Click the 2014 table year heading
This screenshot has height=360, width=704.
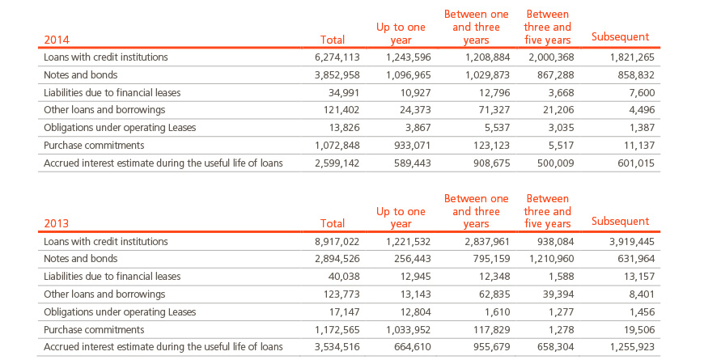pos(57,40)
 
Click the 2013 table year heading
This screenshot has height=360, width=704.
pos(57,223)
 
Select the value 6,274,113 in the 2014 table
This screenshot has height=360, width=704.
pos(337,57)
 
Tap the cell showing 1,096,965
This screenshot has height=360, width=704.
pos(408,75)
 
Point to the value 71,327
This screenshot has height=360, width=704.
pos(493,110)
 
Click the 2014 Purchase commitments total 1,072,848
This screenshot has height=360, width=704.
pos(337,146)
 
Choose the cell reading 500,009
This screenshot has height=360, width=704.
pos(555,163)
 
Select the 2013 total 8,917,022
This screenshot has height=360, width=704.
pos(337,242)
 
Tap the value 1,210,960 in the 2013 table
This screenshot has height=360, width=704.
pos(551,259)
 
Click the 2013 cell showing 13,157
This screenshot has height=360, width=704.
pos(639,277)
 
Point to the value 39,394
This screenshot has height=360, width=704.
pos(558,294)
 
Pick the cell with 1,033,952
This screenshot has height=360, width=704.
pos(408,330)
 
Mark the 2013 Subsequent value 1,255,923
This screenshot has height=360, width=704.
pos(632,347)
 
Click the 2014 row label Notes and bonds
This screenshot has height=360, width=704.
pos(80,75)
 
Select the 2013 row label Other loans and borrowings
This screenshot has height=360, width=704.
pos(104,294)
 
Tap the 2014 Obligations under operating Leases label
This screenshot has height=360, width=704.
pos(120,128)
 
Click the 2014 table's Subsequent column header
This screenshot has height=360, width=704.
pos(620,36)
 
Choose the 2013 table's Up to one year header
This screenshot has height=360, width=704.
pos(401,218)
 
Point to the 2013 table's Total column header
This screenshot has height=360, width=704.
pos(333,223)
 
